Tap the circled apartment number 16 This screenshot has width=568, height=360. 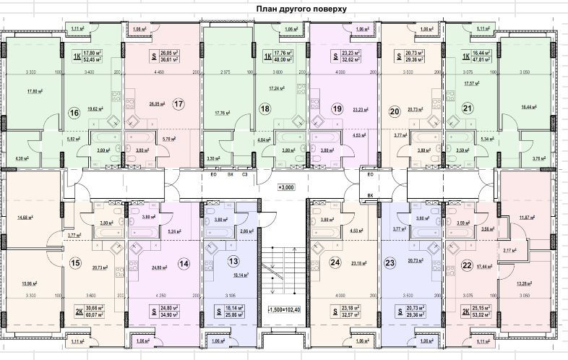point(73,113)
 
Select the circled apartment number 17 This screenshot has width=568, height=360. point(179,104)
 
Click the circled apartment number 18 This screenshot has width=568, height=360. point(264,108)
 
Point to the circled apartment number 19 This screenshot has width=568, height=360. point(337,108)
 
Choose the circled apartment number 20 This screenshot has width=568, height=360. point(394,111)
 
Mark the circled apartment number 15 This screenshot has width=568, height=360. point(75,263)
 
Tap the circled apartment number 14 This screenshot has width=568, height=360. point(184,265)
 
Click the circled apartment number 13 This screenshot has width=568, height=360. point(232,261)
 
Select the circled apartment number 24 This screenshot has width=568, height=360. point(335,263)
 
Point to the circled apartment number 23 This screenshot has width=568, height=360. point(391,263)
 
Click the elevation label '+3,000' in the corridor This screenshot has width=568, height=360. point(287,187)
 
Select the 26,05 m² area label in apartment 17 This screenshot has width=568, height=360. point(170,52)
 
